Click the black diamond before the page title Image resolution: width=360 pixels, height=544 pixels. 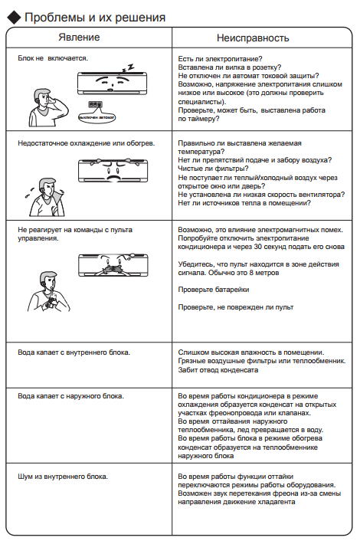(x=14, y=18)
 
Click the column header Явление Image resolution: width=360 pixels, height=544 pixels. (x=79, y=37)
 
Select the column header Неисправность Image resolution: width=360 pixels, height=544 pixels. (x=253, y=38)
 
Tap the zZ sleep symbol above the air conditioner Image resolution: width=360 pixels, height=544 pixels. (x=128, y=68)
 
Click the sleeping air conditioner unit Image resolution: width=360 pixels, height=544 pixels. (x=112, y=84)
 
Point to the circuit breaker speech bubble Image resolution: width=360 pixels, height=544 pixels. (x=97, y=113)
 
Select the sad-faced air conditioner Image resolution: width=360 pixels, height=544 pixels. (x=113, y=170)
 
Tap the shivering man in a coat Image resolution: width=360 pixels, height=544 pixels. (x=46, y=197)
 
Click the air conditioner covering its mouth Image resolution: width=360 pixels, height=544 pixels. (x=113, y=265)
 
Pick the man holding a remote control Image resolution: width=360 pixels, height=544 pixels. (x=48, y=291)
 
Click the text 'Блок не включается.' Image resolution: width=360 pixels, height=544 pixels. (x=53, y=58)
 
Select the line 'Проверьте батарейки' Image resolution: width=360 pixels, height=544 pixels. (x=214, y=290)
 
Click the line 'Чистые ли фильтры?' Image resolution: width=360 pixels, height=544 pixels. (x=213, y=169)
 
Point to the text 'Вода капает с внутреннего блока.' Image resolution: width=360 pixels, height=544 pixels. (x=74, y=352)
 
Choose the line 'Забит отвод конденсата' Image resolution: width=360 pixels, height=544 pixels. (x=218, y=370)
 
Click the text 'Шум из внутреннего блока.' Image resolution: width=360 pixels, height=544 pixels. (x=63, y=477)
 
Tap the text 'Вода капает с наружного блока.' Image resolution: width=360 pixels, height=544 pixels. (x=70, y=396)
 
